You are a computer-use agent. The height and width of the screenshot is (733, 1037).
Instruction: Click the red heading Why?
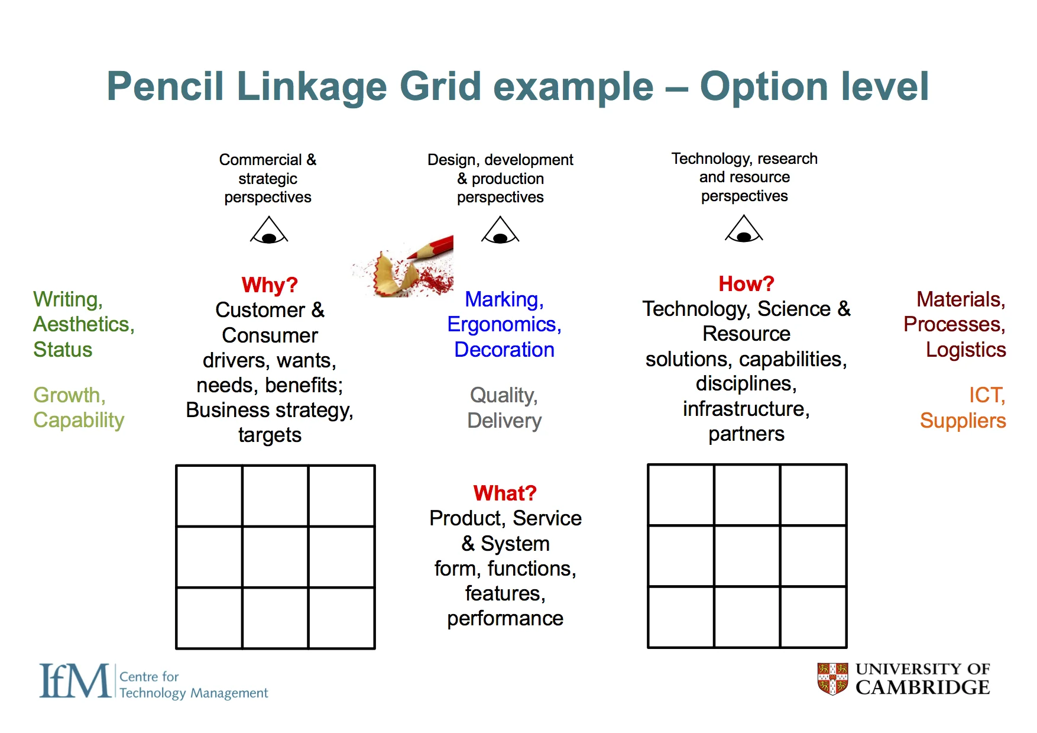[270, 285]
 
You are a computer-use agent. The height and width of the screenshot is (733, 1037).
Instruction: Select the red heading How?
[746, 284]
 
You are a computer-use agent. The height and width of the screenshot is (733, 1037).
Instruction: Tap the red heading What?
[505, 493]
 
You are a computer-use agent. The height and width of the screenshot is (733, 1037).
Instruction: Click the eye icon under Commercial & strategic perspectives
[269, 231]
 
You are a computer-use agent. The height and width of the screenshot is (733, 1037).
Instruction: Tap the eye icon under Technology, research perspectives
[744, 230]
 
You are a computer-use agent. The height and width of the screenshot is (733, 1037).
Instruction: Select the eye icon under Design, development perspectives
[500, 231]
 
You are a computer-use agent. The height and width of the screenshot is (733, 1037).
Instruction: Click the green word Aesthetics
[83, 324]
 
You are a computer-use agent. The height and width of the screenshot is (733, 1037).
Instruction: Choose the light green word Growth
[69, 395]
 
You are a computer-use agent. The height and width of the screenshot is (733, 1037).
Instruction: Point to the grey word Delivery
[504, 421]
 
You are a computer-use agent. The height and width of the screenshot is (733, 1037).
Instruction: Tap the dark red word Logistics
[965, 350]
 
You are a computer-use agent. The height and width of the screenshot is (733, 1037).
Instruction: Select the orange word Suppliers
[963, 421]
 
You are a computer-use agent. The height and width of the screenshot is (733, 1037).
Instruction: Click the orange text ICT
[986, 395]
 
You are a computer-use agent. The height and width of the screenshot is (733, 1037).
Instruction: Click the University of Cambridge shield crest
[832, 679]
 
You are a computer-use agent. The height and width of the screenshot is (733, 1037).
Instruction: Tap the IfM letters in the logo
[74, 681]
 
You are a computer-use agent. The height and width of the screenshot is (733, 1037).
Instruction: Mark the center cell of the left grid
[275, 557]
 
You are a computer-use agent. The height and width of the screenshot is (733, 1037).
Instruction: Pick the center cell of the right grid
[747, 556]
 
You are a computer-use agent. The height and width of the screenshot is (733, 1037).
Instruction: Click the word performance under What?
[505, 618]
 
